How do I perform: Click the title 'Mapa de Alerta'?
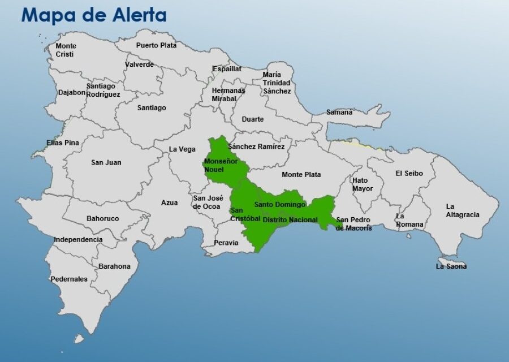[x=94, y=15]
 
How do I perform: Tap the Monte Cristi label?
[x=66, y=50]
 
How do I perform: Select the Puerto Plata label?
[x=156, y=45]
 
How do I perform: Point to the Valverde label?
[x=139, y=64]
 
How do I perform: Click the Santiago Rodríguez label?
[x=103, y=90]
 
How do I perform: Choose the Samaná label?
[x=339, y=112]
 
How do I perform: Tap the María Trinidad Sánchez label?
[x=277, y=83]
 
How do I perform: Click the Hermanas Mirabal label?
[x=228, y=94]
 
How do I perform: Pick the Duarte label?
[x=252, y=119]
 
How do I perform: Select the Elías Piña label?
[x=63, y=143]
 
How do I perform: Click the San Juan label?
[x=106, y=162]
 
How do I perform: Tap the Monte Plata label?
[x=301, y=174]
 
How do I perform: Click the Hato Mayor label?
[x=363, y=184]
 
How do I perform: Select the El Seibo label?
[x=409, y=173]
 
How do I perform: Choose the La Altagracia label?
[x=462, y=210]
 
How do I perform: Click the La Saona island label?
[x=451, y=266]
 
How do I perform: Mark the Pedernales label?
[x=69, y=279]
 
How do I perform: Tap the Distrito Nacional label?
[x=290, y=219]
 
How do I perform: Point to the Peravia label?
[x=226, y=243]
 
